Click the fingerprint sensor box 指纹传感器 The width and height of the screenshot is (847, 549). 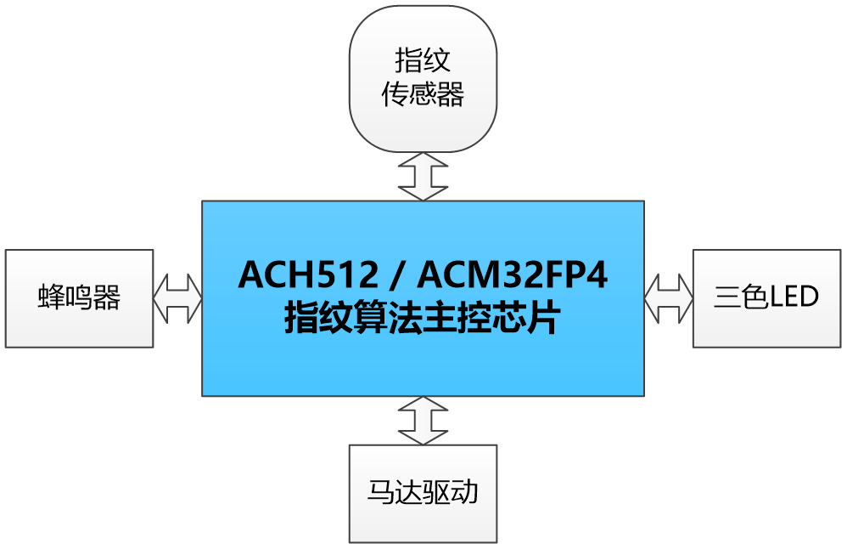coord(423,78)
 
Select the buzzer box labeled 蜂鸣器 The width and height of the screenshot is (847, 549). coord(79,298)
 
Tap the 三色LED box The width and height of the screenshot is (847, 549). coord(767,298)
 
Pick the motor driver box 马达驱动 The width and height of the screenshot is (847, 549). coord(423,494)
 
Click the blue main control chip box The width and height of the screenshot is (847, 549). coord(423,357)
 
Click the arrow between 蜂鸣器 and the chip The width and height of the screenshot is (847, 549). coord(177,298)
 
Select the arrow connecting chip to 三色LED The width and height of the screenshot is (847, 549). coord(669,298)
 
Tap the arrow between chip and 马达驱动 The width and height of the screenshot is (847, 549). coord(423,421)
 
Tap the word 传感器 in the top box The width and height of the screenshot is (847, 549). coord(423,94)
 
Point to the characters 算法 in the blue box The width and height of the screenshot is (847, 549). coord(395,320)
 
